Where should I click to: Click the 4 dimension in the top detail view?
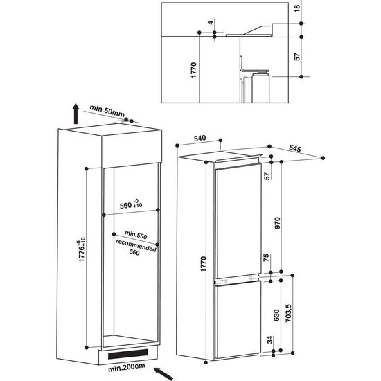click(x=209, y=23)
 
